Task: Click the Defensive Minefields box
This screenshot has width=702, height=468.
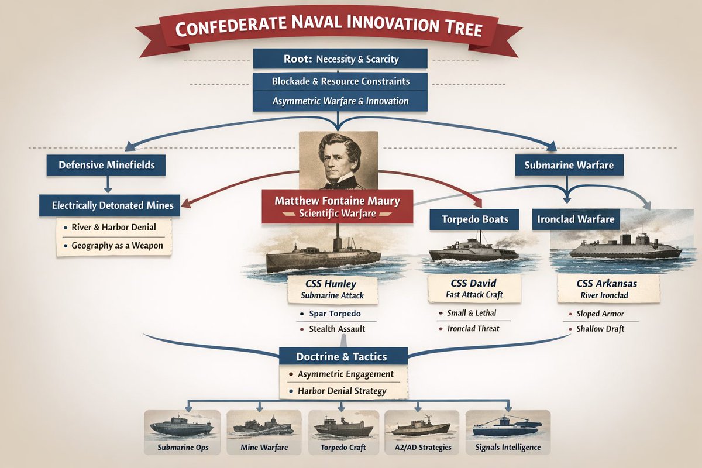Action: tap(106, 165)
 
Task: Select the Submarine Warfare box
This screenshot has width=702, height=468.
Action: tap(569, 165)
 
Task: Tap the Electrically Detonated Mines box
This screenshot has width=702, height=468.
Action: tap(109, 205)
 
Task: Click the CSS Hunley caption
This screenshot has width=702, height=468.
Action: tap(332, 290)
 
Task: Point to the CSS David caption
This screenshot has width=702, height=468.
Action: tap(474, 289)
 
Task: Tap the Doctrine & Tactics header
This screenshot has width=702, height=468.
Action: tap(341, 356)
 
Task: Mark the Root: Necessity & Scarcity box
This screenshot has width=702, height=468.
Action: tap(340, 59)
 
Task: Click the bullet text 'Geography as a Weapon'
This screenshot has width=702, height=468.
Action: tap(118, 246)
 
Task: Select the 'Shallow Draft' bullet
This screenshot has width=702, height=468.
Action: tap(600, 329)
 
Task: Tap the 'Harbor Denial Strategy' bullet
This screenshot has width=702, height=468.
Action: tap(342, 391)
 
